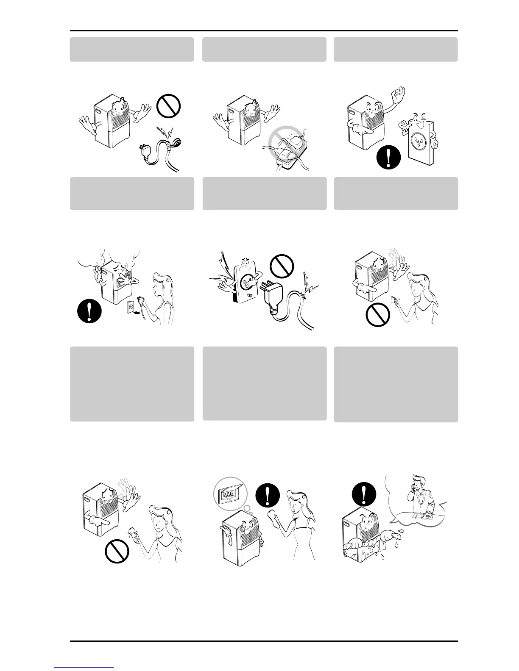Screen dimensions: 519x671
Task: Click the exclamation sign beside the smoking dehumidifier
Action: (x=89, y=312)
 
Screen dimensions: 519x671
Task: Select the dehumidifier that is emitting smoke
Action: (x=114, y=282)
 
